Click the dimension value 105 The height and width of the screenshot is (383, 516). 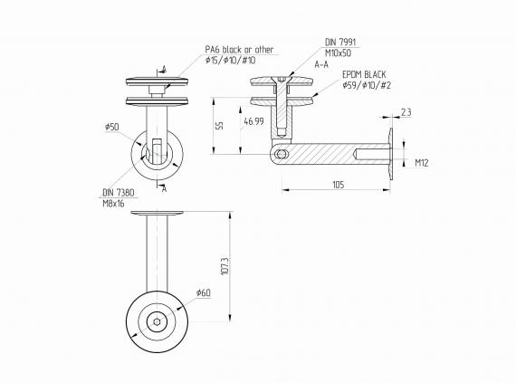[339, 185]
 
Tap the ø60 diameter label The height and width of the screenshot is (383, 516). [203, 292]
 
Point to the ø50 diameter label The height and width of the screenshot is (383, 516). [112, 127]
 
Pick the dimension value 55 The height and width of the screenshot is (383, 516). [220, 126]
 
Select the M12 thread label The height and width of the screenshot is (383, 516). [421, 164]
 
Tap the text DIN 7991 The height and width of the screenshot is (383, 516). [340, 42]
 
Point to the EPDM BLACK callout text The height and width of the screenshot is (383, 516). [365, 76]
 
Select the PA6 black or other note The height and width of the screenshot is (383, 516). [239, 50]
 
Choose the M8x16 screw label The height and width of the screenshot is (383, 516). [114, 203]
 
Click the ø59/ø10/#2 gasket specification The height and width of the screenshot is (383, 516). [367, 86]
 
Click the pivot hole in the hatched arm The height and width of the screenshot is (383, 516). [282, 156]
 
